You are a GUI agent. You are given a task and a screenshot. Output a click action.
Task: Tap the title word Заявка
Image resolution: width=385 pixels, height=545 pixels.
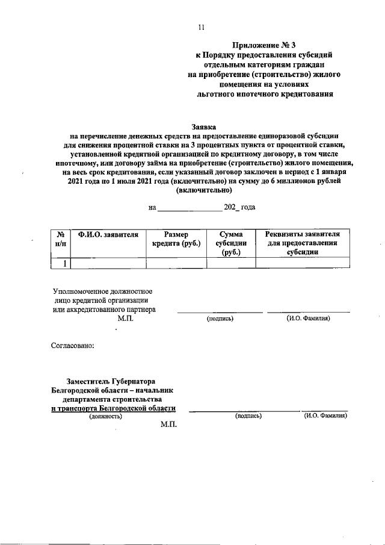tap(204, 127)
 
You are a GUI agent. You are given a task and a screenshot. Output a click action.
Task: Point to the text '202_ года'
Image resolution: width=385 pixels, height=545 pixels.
tap(239, 207)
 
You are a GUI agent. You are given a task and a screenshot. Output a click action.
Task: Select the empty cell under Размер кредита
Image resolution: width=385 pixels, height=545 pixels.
tap(176, 263)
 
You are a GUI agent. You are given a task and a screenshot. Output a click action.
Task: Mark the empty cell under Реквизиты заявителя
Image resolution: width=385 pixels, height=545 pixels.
tap(303, 263)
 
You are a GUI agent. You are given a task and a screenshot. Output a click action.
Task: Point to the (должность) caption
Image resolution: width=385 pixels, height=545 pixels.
tap(105, 416)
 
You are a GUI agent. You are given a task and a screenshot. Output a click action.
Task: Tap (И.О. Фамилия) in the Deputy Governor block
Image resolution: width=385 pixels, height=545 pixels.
tap(325, 416)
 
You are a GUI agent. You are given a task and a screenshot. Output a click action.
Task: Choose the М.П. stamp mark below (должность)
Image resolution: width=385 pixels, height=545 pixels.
tap(169, 425)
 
